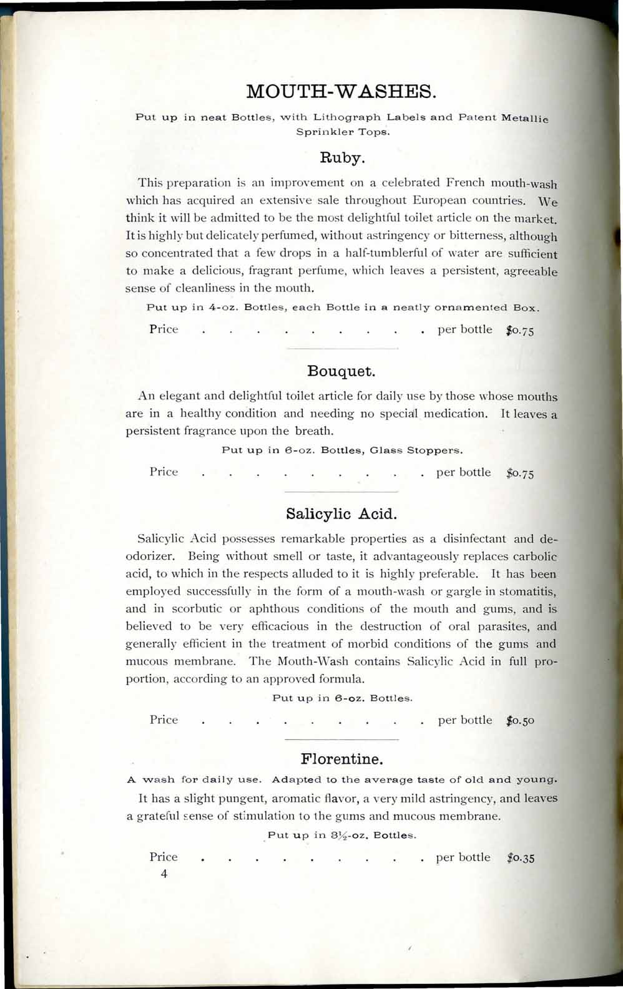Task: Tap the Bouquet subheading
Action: coord(341,372)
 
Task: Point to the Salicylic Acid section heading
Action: coord(341,514)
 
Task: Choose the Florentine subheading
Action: coord(341,759)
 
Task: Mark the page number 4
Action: coord(164,874)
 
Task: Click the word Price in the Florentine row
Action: coord(164,857)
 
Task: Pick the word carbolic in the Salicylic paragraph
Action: coord(531,557)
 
